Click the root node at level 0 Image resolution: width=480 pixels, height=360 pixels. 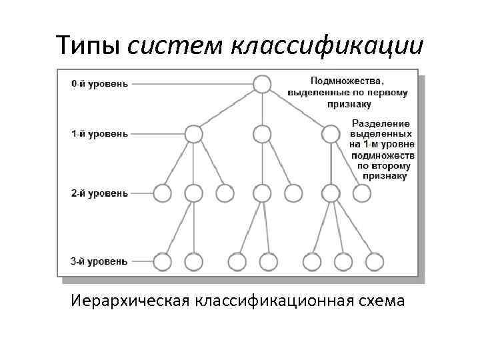(262, 84)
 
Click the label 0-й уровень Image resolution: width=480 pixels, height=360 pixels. (99, 84)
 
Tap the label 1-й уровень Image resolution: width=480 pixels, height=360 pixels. (99, 134)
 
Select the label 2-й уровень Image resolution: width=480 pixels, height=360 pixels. (99, 193)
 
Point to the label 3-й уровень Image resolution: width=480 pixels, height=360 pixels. (99, 261)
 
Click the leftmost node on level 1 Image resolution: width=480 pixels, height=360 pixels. (193, 134)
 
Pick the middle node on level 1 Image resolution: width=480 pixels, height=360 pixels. (262, 134)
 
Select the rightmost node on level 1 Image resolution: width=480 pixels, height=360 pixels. (331, 134)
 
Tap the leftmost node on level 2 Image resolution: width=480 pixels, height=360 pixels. (162, 193)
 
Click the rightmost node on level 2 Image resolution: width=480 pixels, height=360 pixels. (362, 193)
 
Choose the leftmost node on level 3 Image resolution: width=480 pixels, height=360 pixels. (162, 261)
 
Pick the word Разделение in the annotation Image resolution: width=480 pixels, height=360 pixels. (381, 123)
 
